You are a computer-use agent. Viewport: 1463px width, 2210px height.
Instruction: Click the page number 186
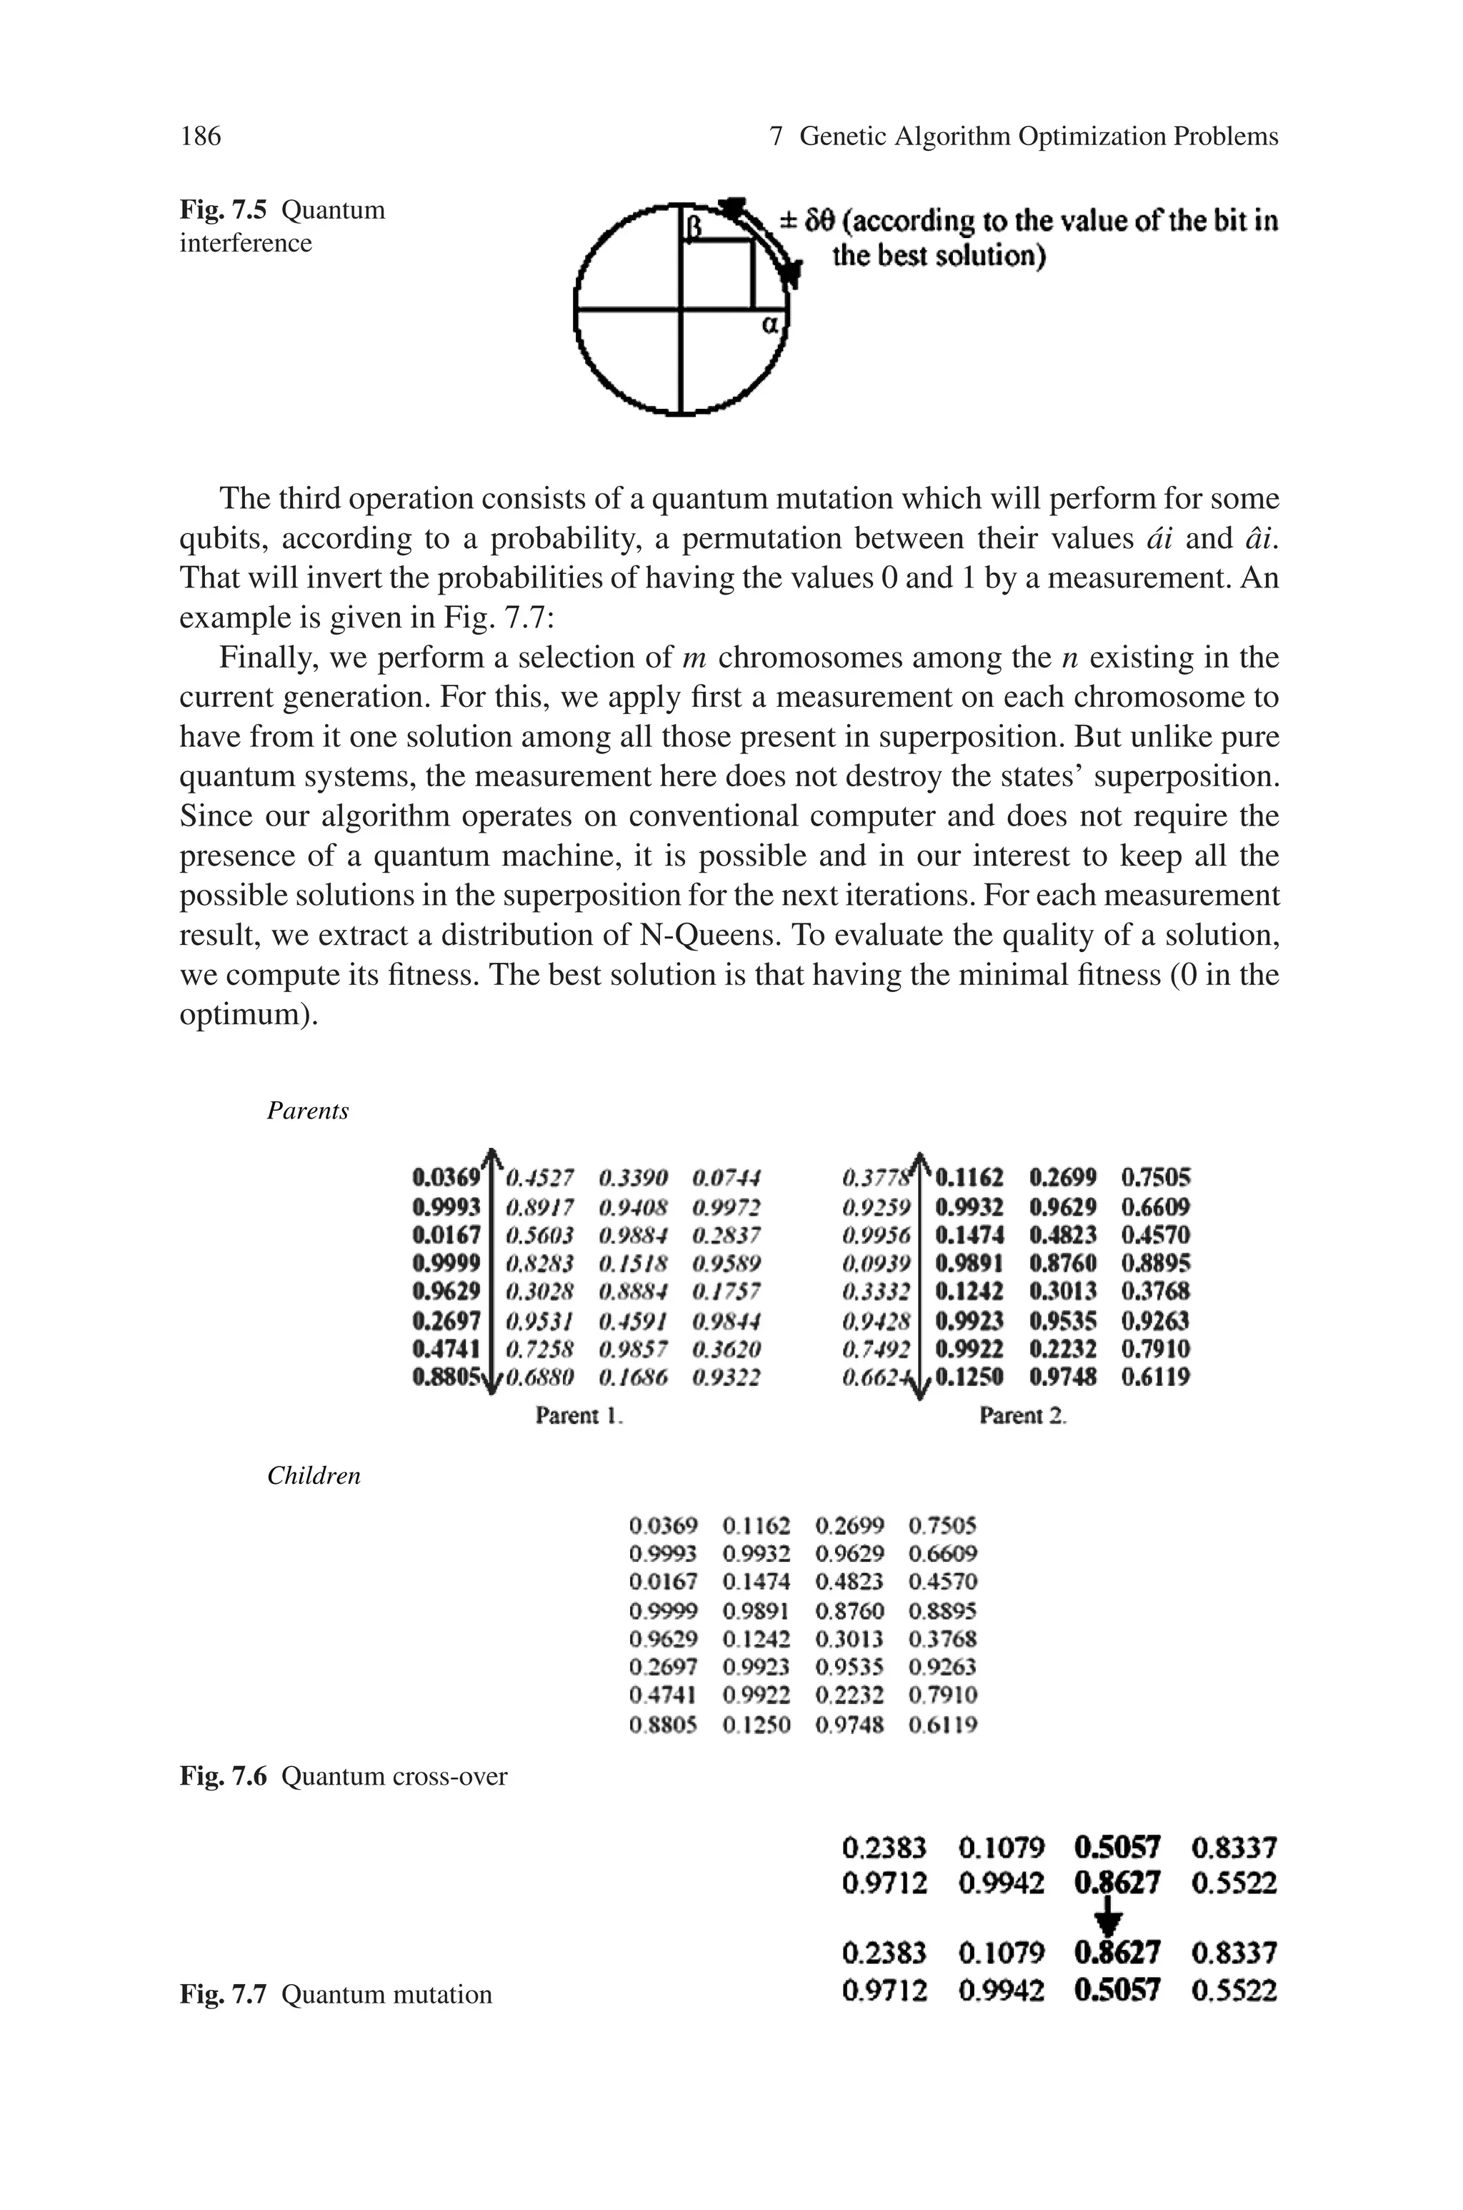pyautogui.click(x=201, y=137)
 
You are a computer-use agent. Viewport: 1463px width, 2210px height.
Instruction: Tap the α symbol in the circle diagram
pyautogui.click(x=770, y=326)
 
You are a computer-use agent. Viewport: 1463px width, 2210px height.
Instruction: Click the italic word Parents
pyautogui.click(x=308, y=1111)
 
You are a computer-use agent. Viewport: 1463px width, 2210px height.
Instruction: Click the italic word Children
pyautogui.click(x=314, y=1475)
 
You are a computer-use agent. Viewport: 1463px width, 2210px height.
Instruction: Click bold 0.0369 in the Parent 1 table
pyautogui.click(x=446, y=1178)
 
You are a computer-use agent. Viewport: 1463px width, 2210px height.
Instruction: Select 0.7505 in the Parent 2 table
pyautogui.click(x=1156, y=1178)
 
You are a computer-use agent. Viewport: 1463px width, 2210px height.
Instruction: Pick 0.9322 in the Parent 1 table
pyautogui.click(x=726, y=1377)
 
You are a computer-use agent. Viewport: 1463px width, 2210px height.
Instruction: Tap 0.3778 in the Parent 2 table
pyautogui.click(x=875, y=1178)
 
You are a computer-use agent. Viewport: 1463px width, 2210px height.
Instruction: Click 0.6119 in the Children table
pyautogui.click(x=942, y=1725)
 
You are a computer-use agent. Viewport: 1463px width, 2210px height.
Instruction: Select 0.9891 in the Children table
pyautogui.click(x=756, y=1611)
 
